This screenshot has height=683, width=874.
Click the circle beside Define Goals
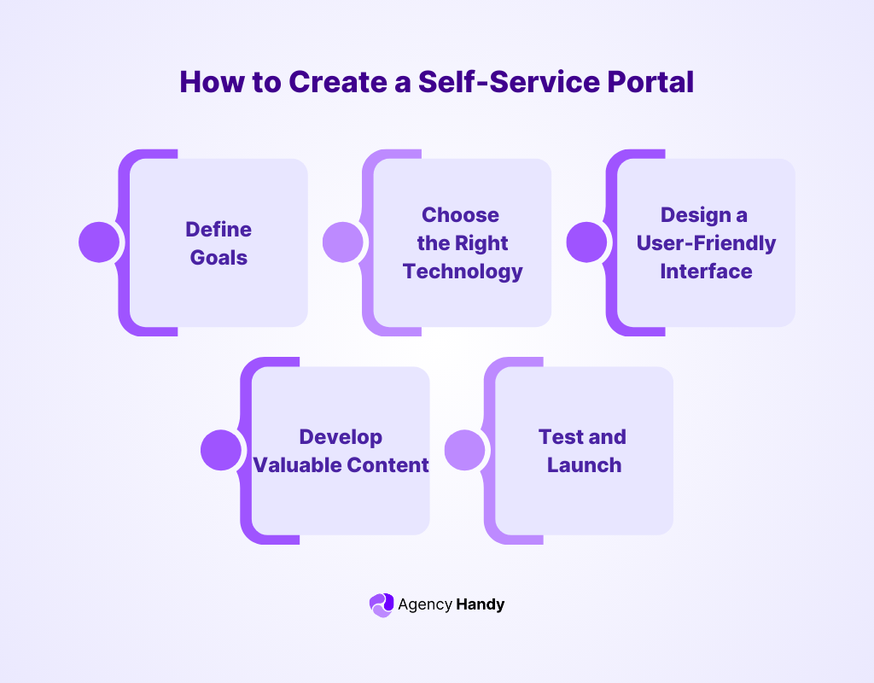(x=99, y=242)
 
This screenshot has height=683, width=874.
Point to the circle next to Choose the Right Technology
(x=343, y=242)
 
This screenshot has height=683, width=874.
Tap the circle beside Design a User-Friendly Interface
(x=587, y=242)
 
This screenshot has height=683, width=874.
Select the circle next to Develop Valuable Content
(x=221, y=450)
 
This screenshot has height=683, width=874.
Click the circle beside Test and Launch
(x=465, y=450)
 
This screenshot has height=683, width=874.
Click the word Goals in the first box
(x=218, y=257)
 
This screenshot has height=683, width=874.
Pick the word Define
(x=218, y=230)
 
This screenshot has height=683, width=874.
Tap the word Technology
(x=463, y=271)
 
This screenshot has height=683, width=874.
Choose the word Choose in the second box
(x=460, y=215)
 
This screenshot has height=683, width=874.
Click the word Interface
(x=706, y=271)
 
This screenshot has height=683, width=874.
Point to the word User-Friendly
(x=706, y=243)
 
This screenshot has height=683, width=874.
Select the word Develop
(x=341, y=437)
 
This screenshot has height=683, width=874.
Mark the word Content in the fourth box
(x=387, y=465)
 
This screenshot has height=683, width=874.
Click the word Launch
(x=584, y=465)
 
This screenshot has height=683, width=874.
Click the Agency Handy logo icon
(x=382, y=604)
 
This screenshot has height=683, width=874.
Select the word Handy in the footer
(x=481, y=604)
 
